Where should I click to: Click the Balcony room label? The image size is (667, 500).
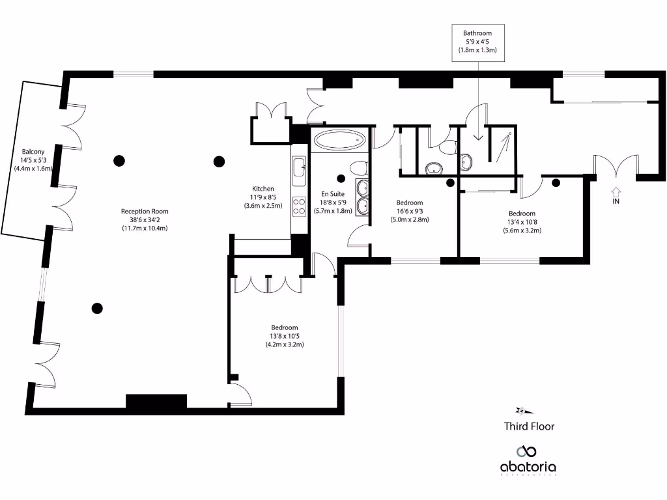[33, 160]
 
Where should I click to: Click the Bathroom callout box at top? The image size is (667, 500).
[477, 41]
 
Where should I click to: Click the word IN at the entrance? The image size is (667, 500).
[616, 202]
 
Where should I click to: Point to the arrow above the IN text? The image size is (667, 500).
[616, 191]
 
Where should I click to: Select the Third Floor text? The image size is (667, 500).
[529, 426]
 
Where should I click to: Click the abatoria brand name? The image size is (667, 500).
[528, 467]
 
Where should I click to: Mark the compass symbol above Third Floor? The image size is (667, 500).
[524, 410]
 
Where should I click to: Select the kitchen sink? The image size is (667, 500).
[300, 168]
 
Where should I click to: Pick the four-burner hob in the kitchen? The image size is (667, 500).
[300, 206]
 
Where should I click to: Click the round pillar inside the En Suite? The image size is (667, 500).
[340, 177]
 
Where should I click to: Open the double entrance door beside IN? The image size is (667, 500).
[616, 166]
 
